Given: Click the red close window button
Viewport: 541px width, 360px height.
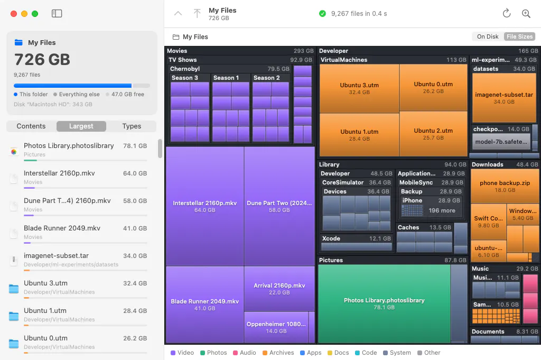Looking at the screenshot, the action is tap(14, 14).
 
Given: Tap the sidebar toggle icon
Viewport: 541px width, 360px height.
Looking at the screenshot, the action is tap(57, 13).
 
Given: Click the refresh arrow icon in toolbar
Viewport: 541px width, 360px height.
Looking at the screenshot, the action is tap(507, 13).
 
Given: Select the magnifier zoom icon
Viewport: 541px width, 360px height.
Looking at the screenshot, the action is tap(526, 13).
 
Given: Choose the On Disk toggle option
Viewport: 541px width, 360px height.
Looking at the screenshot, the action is tap(488, 36).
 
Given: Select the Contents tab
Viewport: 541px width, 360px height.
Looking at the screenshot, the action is tap(31, 126).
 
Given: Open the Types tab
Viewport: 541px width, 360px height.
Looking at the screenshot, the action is tap(132, 126).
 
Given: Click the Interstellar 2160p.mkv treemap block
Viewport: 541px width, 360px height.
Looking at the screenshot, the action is tap(205, 206).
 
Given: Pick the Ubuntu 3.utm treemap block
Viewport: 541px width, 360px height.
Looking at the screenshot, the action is tap(359, 88).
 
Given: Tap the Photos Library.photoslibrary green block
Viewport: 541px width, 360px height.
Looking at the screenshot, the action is tap(384, 303).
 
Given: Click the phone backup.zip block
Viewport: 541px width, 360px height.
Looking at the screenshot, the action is tap(505, 187).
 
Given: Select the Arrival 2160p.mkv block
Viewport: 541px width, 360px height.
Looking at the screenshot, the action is tap(279, 289).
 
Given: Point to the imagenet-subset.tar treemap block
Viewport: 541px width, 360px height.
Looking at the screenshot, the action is tap(503, 98).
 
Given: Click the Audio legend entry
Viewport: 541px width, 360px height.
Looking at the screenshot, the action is tap(244, 353).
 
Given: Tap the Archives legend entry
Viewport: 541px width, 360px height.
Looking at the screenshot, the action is tap(278, 353).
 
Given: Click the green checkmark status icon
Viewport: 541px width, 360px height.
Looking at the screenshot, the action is tap(322, 13).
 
